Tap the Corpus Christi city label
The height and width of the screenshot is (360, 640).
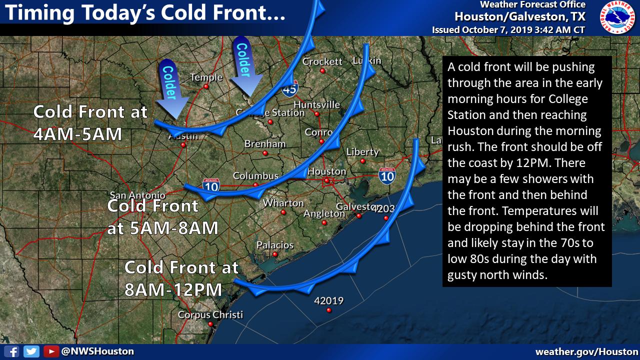tap(210, 315)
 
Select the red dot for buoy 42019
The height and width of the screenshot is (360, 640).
tap(328, 310)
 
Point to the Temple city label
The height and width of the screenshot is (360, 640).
tap(206, 77)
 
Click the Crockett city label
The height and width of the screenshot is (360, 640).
tap(322, 61)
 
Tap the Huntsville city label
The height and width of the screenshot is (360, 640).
tap(316, 104)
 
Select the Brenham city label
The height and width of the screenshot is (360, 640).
tap(265, 144)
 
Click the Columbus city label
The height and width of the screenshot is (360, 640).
tap(255, 176)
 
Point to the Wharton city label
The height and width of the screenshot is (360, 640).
tap(283, 203)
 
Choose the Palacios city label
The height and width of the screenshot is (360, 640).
tap(274, 245)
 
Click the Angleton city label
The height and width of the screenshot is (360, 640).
tap(324, 213)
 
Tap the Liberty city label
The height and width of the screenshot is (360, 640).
tap(362, 151)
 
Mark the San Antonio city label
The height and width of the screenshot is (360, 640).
tap(137, 195)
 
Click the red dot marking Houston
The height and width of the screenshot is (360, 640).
tap(326, 180)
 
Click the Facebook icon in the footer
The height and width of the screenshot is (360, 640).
tap(14, 351)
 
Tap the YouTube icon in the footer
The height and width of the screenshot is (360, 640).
tap(49, 351)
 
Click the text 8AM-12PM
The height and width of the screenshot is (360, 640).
tap(173, 289)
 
